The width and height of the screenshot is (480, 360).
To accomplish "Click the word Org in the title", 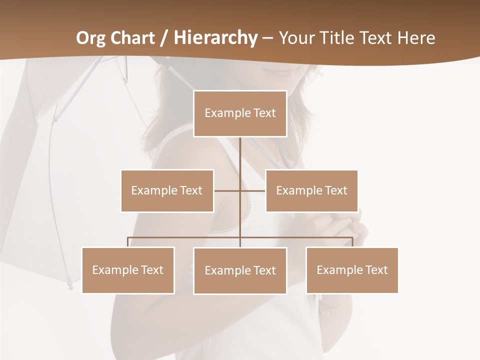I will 90,38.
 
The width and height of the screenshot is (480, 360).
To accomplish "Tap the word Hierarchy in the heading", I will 215,38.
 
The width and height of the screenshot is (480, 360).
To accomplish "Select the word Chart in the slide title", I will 133,38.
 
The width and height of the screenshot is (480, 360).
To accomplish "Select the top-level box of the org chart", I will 240,113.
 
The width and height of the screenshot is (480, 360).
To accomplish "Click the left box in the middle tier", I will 167,190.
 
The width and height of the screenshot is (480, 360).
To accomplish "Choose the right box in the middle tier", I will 311,190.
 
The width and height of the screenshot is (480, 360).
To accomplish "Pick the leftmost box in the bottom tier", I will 128,270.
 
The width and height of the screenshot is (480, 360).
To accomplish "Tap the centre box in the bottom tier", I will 240,270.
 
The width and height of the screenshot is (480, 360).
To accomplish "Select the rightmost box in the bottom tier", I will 352,270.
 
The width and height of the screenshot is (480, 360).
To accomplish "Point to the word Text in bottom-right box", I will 376,270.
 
